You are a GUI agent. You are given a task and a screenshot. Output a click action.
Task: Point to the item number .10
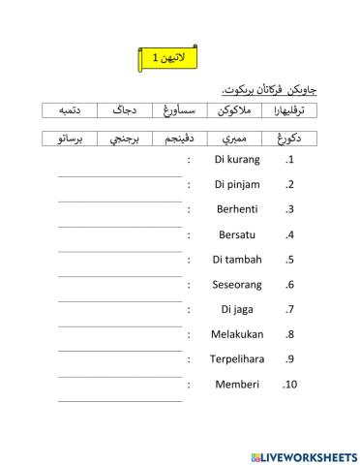pos(287,385)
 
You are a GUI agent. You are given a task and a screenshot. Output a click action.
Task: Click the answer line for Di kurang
pos(119,175)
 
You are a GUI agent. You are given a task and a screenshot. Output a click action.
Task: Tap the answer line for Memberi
pos(119,400)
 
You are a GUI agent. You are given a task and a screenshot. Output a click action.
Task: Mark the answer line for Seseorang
pos(119,300)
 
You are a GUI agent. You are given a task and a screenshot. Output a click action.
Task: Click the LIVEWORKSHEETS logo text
pos(303,455)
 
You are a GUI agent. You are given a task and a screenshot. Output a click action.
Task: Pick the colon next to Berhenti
pos(189,209)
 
